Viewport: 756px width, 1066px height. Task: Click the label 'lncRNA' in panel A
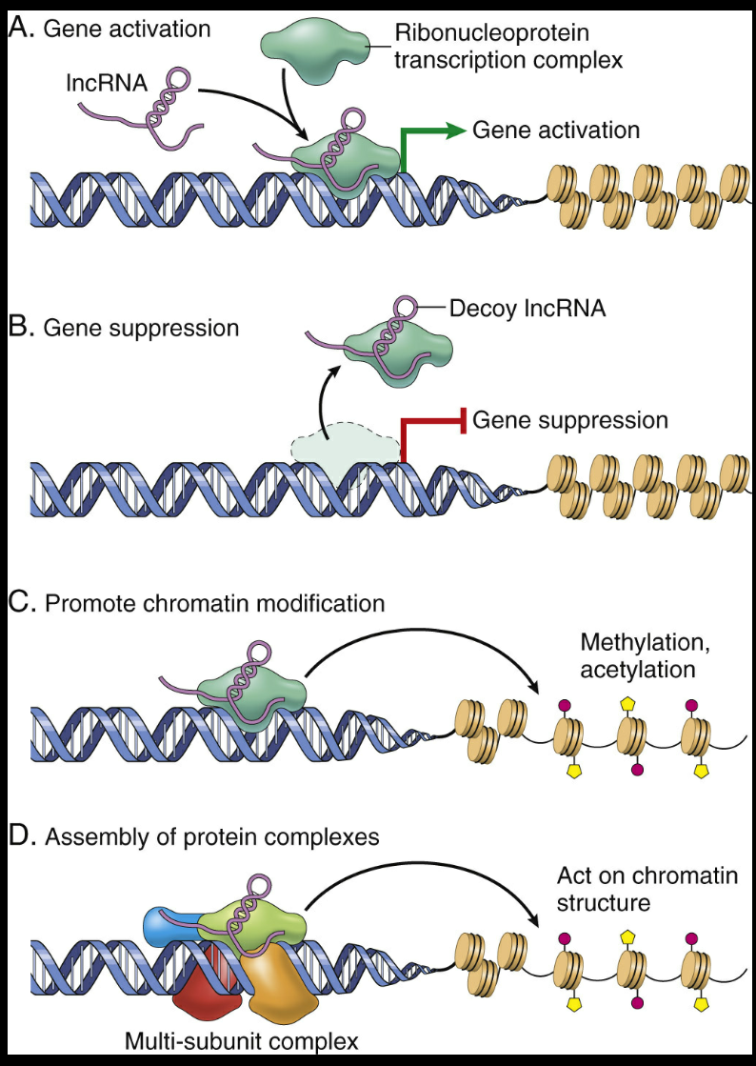point(107,84)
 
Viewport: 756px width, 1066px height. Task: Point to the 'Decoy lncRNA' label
point(527,309)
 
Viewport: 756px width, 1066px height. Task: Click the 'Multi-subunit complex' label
point(241,1041)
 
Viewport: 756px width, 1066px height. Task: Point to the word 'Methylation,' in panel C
point(646,643)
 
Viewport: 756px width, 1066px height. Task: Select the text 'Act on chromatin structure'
point(647,889)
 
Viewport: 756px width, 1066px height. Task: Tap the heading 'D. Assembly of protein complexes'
point(194,835)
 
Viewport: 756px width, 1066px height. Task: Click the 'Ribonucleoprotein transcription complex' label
point(508,47)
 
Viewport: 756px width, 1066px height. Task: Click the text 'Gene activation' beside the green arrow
point(556,130)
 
